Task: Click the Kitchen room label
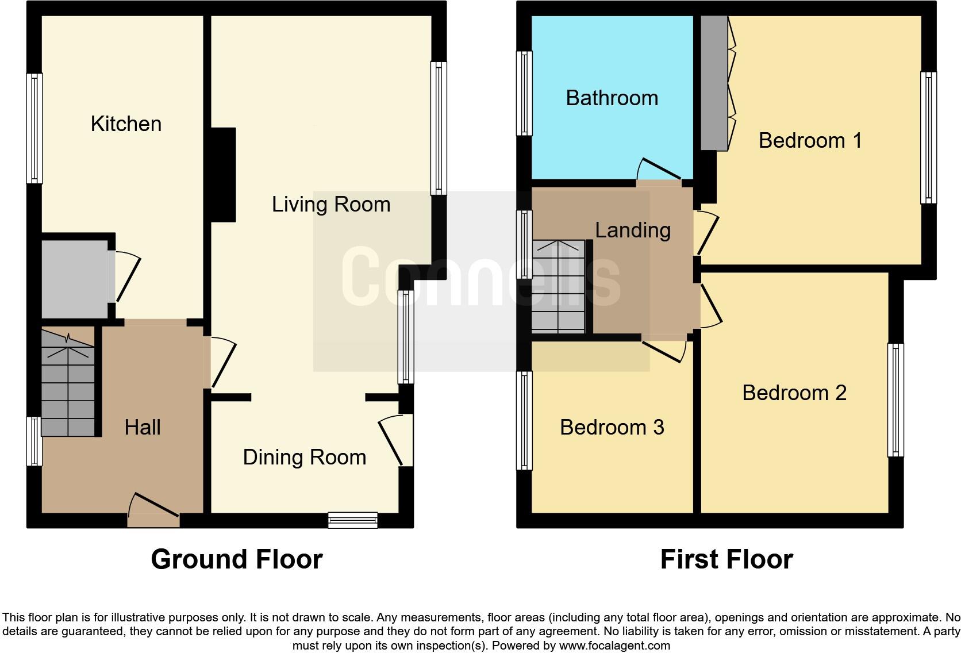(126, 124)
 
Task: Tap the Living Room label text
(331, 205)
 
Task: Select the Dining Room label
(304, 458)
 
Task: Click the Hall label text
(143, 428)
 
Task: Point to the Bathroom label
(612, 98)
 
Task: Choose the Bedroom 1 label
(810, 141)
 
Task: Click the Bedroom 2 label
(794, 393)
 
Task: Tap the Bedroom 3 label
(612, 428)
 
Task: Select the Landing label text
(632, 231)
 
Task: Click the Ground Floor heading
(236, 559)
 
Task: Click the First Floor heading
(726, 559)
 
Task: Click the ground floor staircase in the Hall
(68, 382)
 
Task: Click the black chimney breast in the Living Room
(224, 175)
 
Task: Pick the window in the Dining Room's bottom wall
(353, 520)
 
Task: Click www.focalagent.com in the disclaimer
(614, 646)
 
